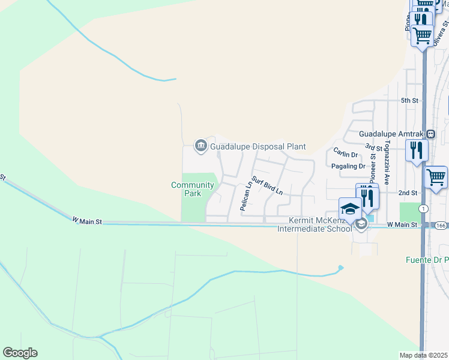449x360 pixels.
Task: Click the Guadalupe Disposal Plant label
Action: pyautogui.click(x=258, y=146)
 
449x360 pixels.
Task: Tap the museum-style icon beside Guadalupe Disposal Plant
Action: pyautogui.click(x=200, y=146)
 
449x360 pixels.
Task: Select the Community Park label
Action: pyautogui.click(x=193, y=190)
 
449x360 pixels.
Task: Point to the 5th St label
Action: pyautogui.click(x=409, y=100)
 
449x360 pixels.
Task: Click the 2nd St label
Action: pyautogui.click(x=407, y=193)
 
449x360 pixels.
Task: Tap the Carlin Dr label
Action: pyautogui.click(x=346, y=154)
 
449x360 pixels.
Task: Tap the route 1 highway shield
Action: pyautogui.click(x=424, y=208)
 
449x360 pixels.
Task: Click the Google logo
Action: pyautogui.click(x=20, y=353)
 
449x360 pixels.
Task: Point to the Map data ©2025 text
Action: pyautogui.click(x=424, y=355)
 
